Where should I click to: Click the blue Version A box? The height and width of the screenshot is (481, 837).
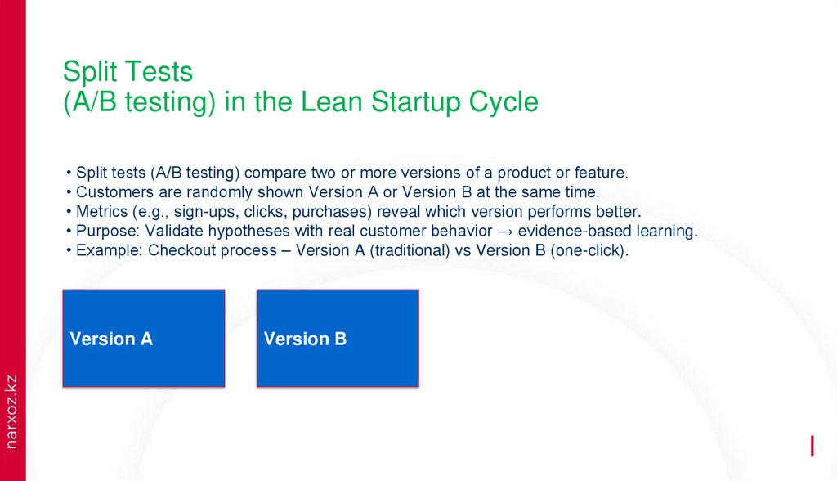143,338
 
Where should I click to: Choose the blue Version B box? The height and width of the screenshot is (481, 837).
337,338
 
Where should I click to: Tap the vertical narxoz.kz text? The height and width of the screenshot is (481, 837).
11,411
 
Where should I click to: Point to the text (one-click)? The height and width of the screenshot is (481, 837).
589,251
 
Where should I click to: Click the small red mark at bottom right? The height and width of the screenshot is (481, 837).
812,446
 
